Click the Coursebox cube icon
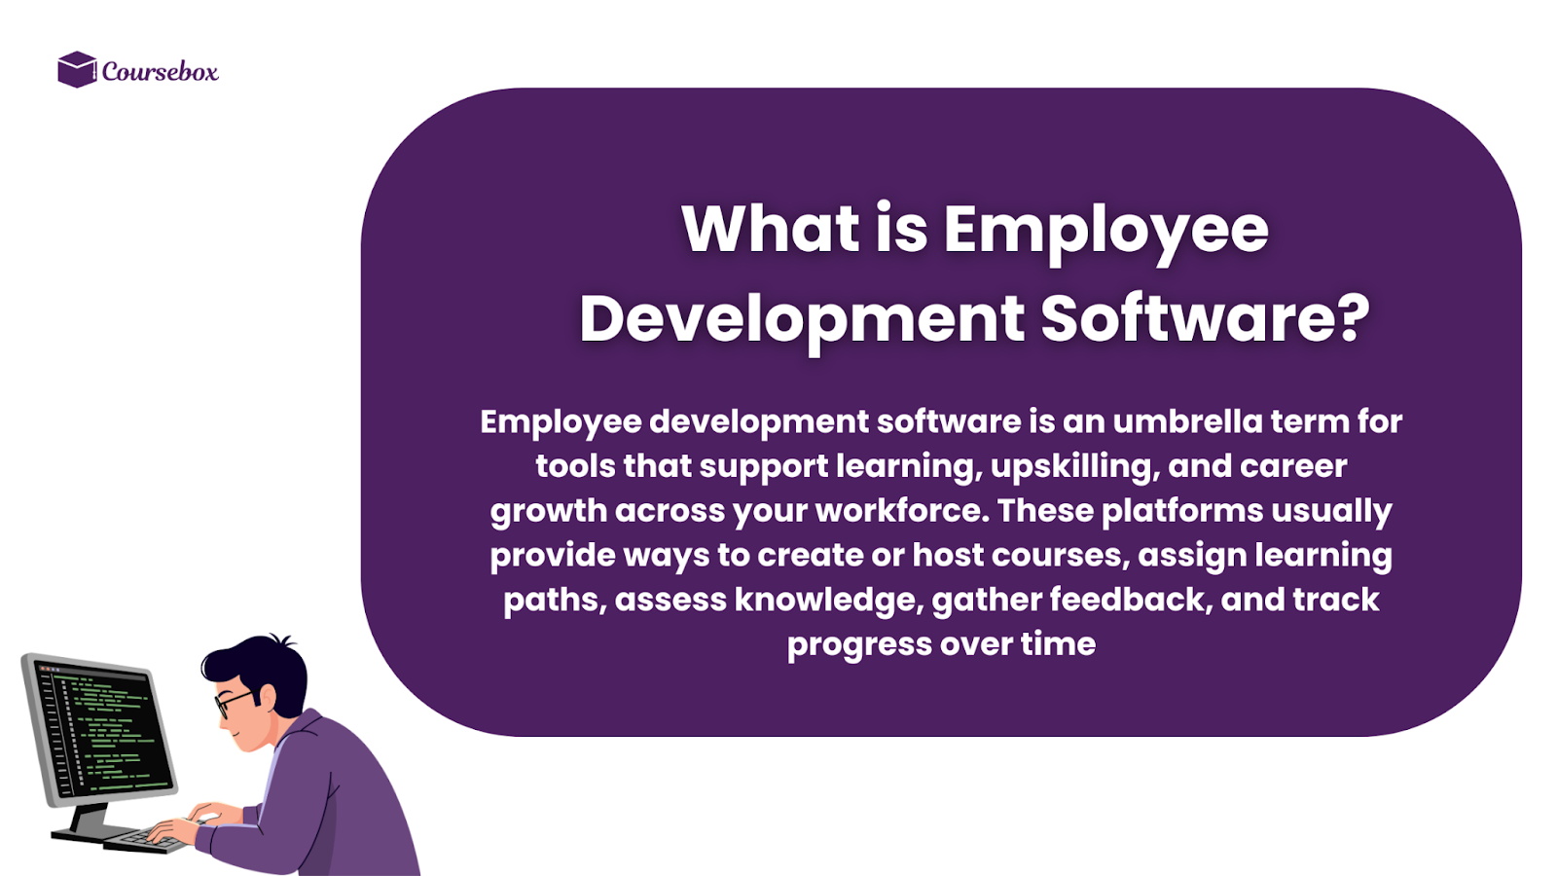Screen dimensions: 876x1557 tap(77, 69)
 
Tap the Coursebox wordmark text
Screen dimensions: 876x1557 tap(160, 71)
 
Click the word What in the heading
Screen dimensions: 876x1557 tap(770, 230)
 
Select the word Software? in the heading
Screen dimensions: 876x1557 tap(1205, 318)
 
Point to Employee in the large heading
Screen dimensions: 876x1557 tap(1105, 232)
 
